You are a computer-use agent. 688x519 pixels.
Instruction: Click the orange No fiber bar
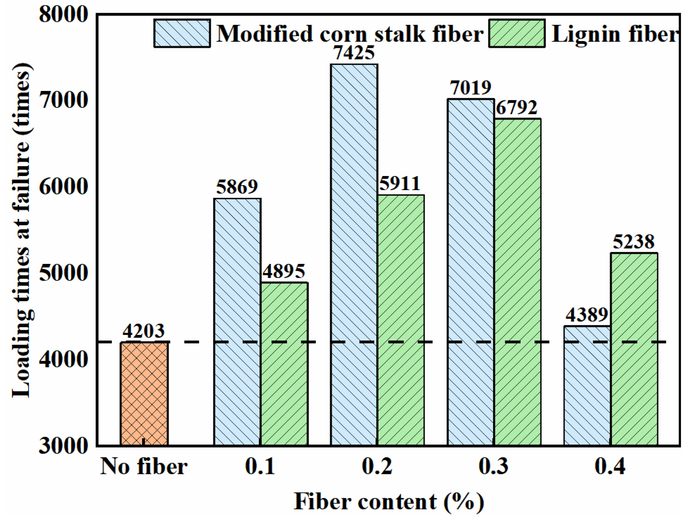click(144, 394)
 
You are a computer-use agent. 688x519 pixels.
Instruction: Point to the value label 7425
click(354, 53)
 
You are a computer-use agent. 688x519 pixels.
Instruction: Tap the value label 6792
click(516, 108)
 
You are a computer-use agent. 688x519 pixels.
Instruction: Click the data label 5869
click(237, 187)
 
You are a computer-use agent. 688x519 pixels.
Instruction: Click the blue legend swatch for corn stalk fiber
click(182, 34)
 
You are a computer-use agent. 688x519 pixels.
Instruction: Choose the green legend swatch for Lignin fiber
click(517, 34)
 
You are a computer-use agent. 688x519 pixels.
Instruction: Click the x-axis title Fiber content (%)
click(389, 502)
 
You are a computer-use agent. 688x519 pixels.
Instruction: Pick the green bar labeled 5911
click(401, 320)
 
